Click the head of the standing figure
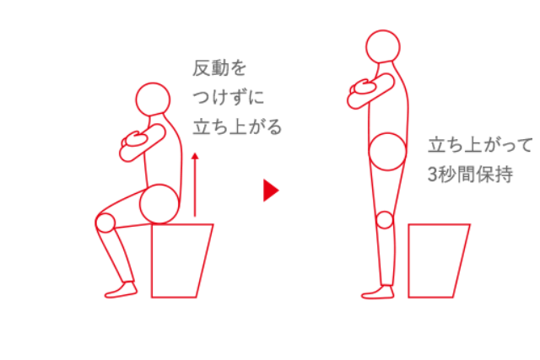[384, 47]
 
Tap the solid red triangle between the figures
[270, 190]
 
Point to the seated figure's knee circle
[105, 223]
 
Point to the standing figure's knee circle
[385, 220]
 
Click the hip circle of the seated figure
[159, 204]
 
